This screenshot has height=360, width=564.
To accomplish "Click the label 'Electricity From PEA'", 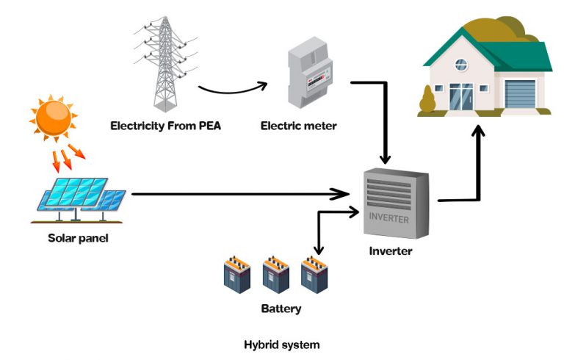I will [x=165, y=126].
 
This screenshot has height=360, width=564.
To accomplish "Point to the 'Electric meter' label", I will [x=298, y=126].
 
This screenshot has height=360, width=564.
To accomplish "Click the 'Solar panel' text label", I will [x=78, y=237].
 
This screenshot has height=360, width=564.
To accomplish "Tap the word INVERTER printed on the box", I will [x=389, y=217].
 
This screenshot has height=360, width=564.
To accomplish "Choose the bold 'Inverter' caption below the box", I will [x=390, y=251].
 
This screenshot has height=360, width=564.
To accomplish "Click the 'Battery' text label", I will [x=281, y=309].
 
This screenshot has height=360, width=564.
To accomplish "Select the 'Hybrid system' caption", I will [x=282, y=344].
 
